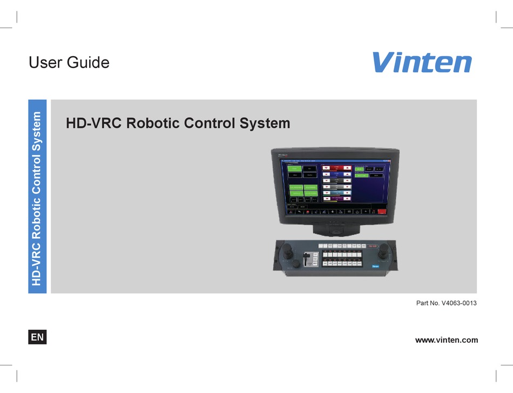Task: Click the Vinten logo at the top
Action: point(421,62)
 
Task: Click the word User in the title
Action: point(45,62)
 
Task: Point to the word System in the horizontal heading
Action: point(264,123)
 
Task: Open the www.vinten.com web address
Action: point(446,340)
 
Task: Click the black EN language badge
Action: point(37,337)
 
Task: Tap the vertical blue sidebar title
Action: point(37,197)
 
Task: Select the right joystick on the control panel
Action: point(384,250)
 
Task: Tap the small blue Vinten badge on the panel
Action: point(376,266)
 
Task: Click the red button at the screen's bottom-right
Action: point(382,212)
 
